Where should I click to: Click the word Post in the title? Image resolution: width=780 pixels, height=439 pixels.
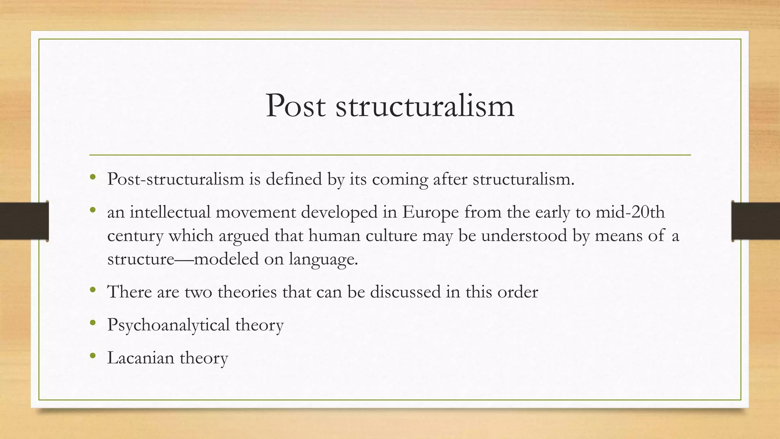296,106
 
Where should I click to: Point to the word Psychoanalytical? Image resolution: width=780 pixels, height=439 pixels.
168,325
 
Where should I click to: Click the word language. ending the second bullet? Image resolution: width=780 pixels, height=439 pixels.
323,259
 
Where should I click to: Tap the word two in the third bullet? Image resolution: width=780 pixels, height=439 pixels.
198,292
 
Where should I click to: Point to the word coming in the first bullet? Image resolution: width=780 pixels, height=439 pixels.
400,179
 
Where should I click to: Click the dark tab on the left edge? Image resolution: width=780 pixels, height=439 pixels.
24,221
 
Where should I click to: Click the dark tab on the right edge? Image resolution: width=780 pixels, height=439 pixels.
756,221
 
